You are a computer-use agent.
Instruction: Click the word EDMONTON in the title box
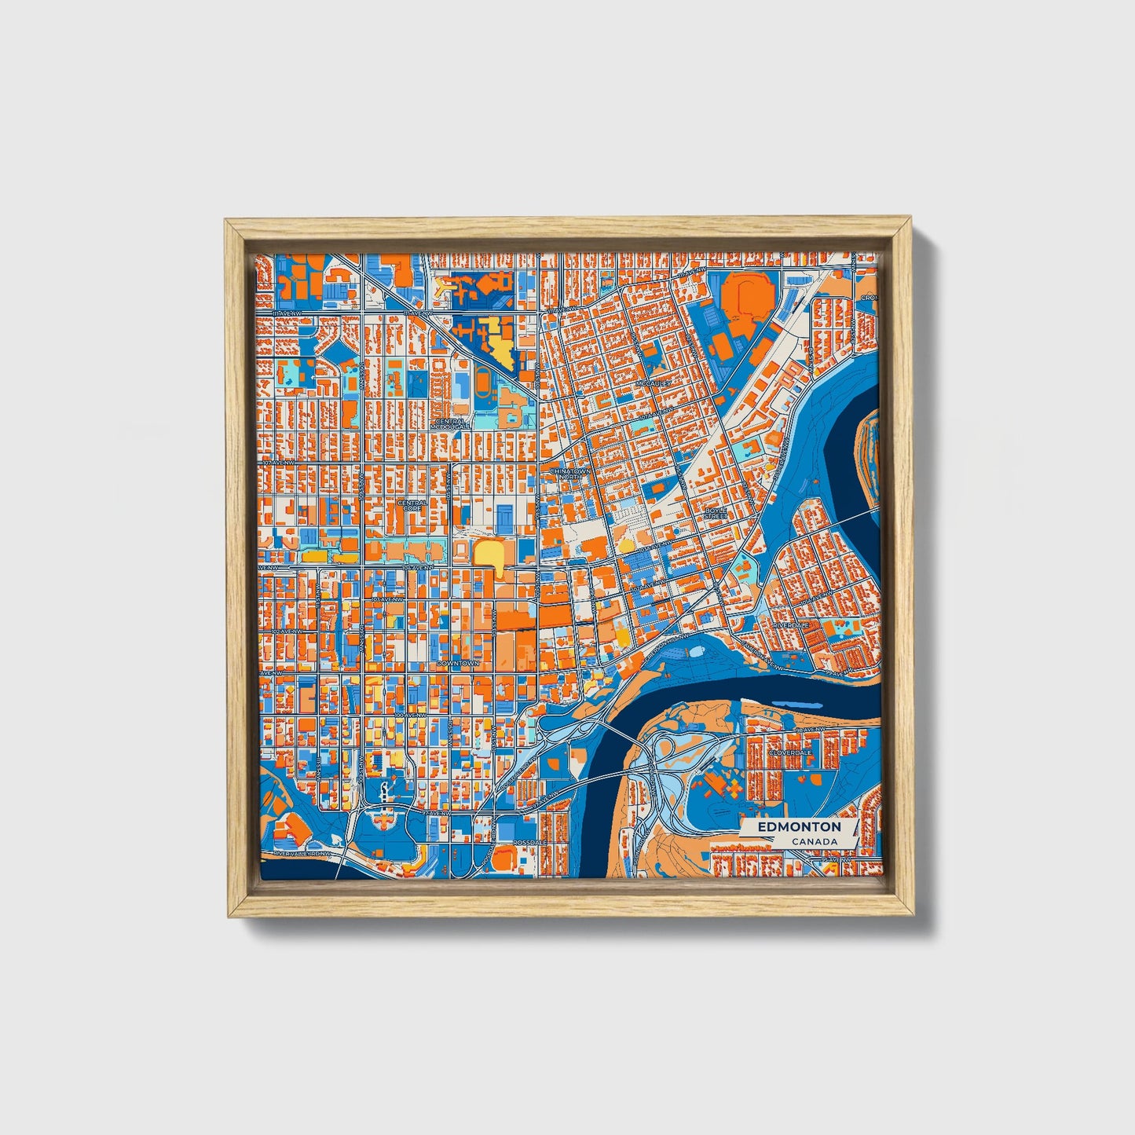799,826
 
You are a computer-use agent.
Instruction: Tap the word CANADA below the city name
814,841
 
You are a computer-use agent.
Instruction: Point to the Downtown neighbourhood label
457,663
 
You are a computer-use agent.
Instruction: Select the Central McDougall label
450,423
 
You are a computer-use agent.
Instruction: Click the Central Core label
412,505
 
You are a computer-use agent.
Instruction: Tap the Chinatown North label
569,474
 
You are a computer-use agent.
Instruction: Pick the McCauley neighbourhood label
655,383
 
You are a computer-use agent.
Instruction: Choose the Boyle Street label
715,513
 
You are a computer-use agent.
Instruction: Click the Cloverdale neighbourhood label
789,752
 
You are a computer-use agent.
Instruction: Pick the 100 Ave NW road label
409,716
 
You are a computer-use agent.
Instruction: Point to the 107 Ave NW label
269,464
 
